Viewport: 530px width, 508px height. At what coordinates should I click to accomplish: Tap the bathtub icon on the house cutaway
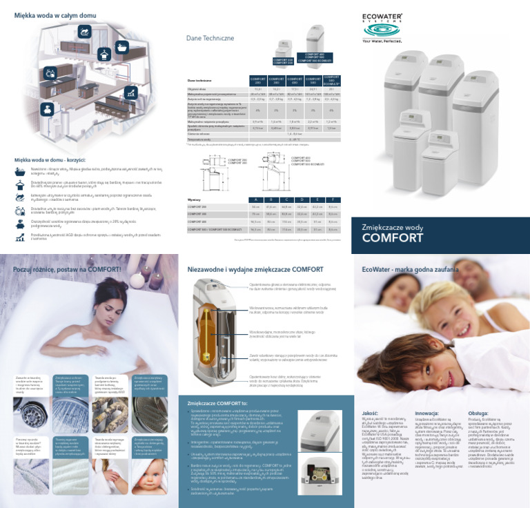(x=121, y=47)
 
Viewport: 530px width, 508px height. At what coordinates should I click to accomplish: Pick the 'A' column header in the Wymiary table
(x=255, y=199)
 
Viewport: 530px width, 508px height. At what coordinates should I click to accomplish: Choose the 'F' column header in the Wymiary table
(x=333, y=199)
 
